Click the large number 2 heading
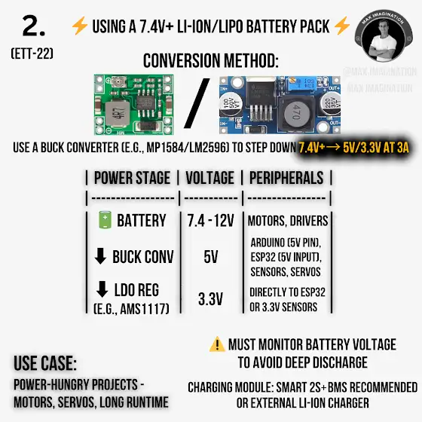(34, 26)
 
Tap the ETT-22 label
(32, 54)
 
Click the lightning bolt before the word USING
(80, 26)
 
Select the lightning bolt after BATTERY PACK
(342, 26)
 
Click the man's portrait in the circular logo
(383, 41)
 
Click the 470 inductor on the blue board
(295, 112)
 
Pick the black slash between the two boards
(197, 103)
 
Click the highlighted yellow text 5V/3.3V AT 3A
(376, 148)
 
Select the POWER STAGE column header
(132, 178)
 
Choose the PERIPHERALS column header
(286, 178)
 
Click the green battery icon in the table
(105, 219)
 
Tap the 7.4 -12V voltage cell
(211, 221)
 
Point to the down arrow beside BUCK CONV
(100, 256)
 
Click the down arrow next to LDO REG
(102, 289)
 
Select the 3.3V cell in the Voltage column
(210, 298)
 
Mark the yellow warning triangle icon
(217, 344)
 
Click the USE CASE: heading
(45, 363)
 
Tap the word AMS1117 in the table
(145, 309)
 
